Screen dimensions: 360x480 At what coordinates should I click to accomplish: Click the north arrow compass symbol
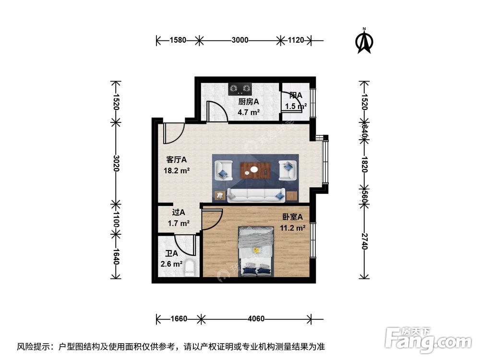pyautogui.click(x=364, y=42)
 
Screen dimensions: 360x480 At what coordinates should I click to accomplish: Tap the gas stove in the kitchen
pyautogui.click(x=240, y=88)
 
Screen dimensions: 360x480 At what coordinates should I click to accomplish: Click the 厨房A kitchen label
pyautogui.click(x=249, y=102)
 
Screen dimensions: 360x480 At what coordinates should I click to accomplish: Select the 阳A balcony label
pyautogui.click(x=296, y=95)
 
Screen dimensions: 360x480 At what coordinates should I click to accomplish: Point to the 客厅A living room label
pyautogui.click(x=176, y=159)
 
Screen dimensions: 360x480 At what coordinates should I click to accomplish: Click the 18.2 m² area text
pyautogui.click(x=176, y=169)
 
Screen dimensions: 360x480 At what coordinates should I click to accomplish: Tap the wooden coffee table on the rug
pyautogui.click(x=255, y=169)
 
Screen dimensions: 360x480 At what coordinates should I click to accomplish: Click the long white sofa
pyautogui.click(x=256, y=194)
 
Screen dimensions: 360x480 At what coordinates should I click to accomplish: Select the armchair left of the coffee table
pyautogui.click(x=223, y=169)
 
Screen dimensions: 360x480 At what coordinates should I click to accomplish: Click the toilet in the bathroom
pyautogui.click(x=191, y=267)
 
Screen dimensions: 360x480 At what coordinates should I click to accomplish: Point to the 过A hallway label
pyautogui.click(x=179, y=212)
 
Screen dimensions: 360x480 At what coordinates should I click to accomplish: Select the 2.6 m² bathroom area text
pyautogui.click(x=171, y=264)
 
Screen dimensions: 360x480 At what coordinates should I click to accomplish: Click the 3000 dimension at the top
pyautogui.click(x=240, y=40)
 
